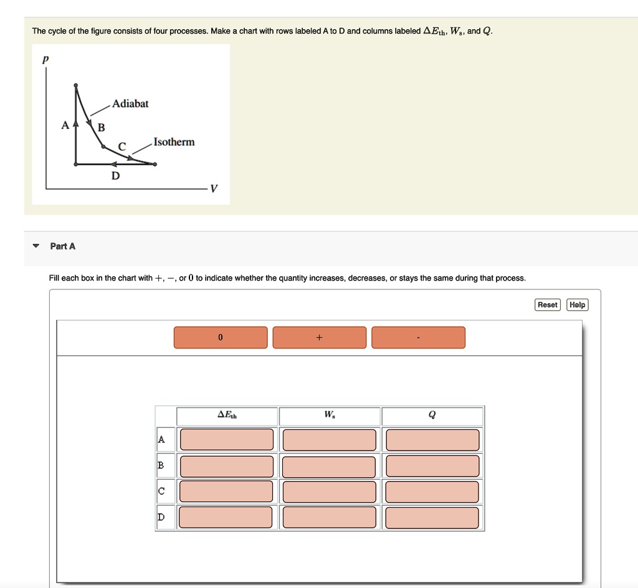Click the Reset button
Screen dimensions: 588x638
click(x=548, y=304)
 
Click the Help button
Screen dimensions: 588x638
click(x=578, y=304)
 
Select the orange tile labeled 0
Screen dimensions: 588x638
click(x=220, y=337)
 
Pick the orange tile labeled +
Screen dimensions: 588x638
click(x=319, y=337)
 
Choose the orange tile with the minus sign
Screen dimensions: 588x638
click(x=418, y=337)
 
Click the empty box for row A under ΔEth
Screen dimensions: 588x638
click(x=227, y=439)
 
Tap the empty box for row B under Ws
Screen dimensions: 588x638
click(x=329, y=466)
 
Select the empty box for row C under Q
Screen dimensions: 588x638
click(x=432, y=492)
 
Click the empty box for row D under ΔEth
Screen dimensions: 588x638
click(x=227, y=518)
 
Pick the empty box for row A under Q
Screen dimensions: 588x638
click(x=432, y=439)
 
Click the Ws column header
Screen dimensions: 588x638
click(x=330, y=415)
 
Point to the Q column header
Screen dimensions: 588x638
click(x=432, y=415)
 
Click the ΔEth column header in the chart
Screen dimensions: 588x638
click(x=227, y=415)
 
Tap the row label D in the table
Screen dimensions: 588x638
click(x=161, y=518)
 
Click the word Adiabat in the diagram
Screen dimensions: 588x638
click(x=130, y=104)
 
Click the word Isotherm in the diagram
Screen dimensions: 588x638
click(x=174, y=142)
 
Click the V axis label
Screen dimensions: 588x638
click(x=214, y=189)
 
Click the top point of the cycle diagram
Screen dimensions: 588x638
click(x=76, y=85)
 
